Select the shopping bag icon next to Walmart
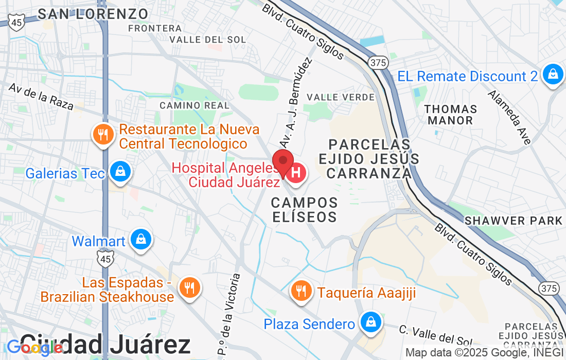pos(140,240)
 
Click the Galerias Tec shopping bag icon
pos(120,172)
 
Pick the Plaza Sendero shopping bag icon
pos(370,322)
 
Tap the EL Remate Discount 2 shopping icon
pos(553,75)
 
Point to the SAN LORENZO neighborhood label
pos(93,14)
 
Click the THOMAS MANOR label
pos(451,115)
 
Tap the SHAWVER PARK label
pos(514,221)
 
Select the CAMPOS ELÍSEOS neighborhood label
pos(304,209)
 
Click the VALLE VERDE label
pos(340,97)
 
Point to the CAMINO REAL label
pos(194,105)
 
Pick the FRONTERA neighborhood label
pos(155,28)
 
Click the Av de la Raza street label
pos(41,96)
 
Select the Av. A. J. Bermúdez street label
pos(296,103)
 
